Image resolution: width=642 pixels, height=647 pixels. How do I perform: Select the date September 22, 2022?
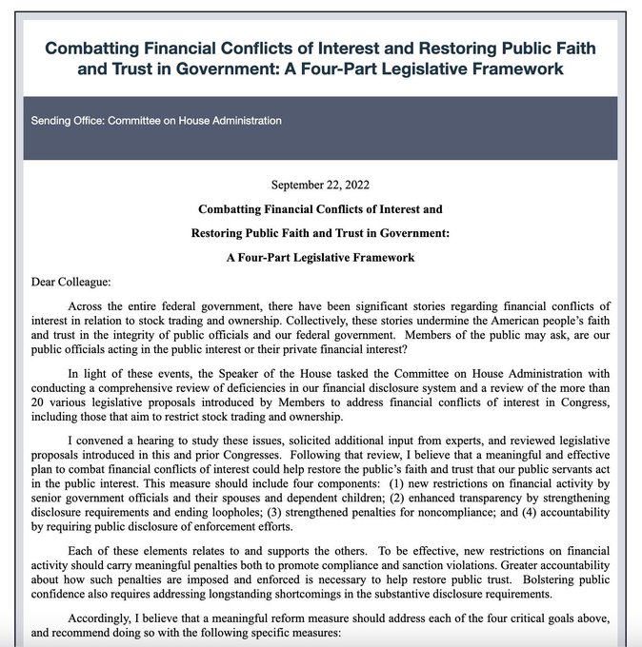pyautogui.click(x=320, y=185)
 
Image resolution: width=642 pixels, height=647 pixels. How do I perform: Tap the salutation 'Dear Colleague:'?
pyautogui.click(x=63, y=281)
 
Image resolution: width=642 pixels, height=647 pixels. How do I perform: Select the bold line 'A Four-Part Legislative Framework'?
pyautogui.click(x=320, y=257)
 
